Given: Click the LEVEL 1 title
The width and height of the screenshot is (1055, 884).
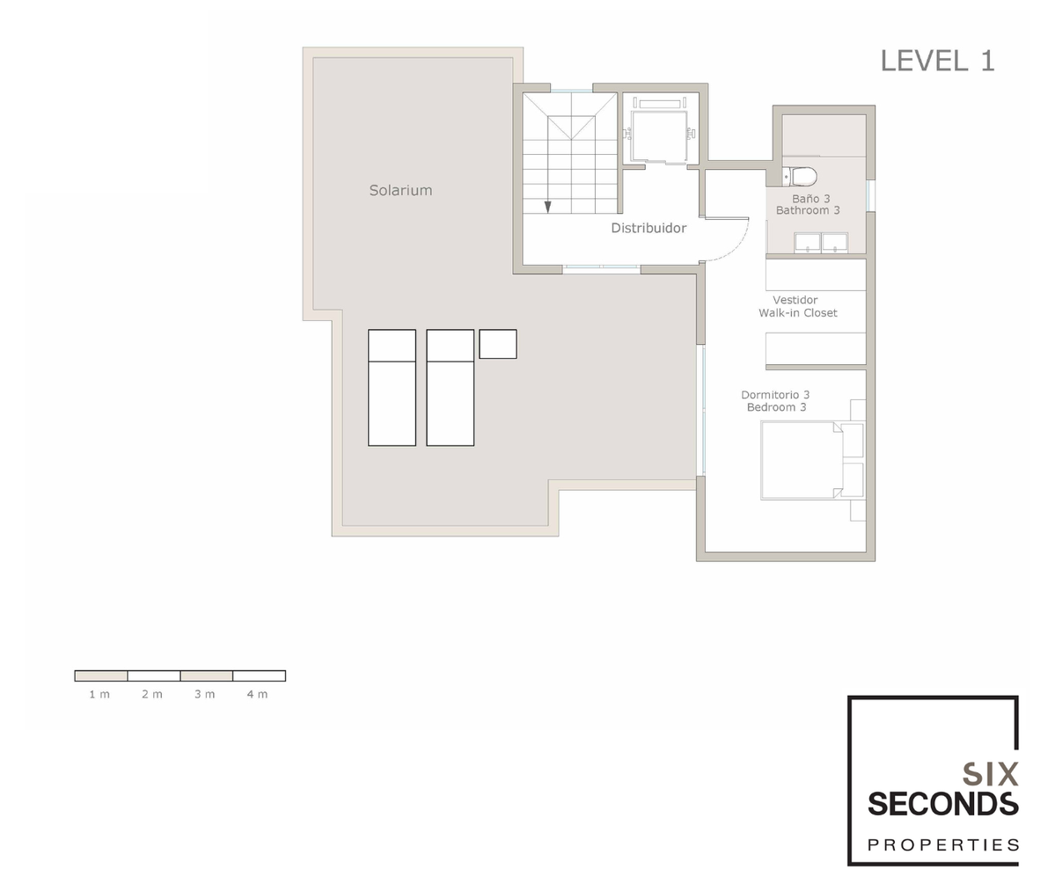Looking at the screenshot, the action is coord(937,62).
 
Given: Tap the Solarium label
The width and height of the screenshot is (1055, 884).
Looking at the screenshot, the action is coord(400,190).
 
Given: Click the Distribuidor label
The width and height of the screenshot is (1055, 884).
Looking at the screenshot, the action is coord(648,228).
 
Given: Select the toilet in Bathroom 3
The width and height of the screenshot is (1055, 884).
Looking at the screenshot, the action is coord(800,177).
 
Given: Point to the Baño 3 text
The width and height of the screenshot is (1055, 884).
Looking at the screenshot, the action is coord(810,199).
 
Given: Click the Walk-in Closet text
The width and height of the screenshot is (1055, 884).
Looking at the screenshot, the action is coord(798,313).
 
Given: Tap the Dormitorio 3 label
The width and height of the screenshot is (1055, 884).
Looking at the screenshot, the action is coord(775,395).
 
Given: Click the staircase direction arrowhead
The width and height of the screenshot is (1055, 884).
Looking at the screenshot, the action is coord(547,208).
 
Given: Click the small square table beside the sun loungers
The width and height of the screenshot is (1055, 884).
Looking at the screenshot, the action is coord(498,344).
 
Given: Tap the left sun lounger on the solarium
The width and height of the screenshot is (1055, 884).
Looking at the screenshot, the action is coord(392,388).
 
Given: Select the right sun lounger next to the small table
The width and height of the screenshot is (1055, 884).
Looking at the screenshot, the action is coord(451,388).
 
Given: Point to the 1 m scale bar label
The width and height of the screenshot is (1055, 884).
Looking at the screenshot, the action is coord(99,694).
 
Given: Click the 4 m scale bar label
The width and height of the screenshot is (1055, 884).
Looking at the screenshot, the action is coord(257,694).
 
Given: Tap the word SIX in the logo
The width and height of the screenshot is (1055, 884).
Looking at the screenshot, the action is coord(991,774).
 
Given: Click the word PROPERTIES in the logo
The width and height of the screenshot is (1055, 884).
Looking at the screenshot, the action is coord(943,845).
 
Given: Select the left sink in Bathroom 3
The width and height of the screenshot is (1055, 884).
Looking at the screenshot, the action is coord(808,242).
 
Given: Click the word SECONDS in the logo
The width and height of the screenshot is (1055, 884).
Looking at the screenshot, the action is coord(943,805).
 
